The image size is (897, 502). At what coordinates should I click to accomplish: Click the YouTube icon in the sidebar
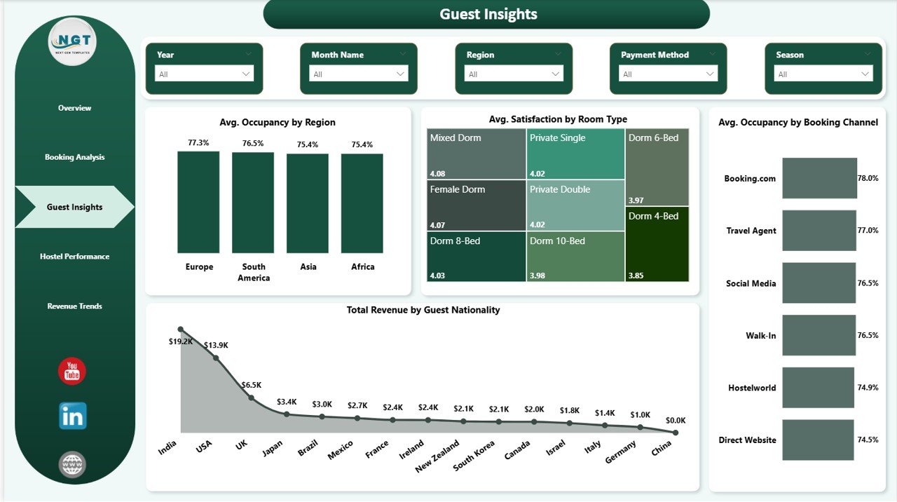[72, 372]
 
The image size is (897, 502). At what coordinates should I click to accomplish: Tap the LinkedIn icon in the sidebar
[73, 416]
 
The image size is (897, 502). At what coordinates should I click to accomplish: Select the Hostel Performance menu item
[74, 257]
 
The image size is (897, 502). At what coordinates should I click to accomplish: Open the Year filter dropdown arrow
[246, 74]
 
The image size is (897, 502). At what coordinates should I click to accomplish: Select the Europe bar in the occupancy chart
[198, 202]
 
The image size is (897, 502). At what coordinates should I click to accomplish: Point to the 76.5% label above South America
[253, 144]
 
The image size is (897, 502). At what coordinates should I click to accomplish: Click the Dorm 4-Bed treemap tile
[658, 244]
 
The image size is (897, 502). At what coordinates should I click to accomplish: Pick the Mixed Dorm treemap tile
[477, 154]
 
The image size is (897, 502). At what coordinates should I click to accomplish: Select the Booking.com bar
[819, 178]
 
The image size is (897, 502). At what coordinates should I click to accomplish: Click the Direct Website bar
[818, 440]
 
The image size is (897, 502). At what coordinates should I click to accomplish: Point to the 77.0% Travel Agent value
[868, 230]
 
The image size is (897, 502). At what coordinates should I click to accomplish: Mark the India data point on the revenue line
[181, 330]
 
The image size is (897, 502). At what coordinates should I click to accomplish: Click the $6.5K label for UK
[252, 385]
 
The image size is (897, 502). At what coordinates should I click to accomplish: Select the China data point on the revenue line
[675, 433]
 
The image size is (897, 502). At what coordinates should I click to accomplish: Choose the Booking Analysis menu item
[74, 157]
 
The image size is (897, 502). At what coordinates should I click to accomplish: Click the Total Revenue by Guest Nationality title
[423, 310]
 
